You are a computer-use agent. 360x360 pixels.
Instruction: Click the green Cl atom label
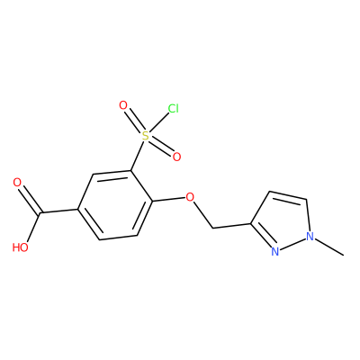click(174, 109)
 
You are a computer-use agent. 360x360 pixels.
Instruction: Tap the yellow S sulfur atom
click(145, 136)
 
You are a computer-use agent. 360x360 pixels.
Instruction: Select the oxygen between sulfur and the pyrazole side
click(176, 157)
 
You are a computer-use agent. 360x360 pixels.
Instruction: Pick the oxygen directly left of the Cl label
click(123, 105)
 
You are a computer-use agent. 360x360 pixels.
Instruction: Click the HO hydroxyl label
click(21, 247)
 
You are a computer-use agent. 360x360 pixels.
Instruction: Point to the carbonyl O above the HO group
click(17, 183)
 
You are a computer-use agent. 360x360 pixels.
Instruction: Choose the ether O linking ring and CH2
click(190, 197)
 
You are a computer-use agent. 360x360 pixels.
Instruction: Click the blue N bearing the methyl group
click(310, 237)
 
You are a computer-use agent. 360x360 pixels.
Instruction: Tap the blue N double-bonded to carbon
click(274, 251)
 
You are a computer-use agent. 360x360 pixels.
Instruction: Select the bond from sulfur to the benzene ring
click(137, 156)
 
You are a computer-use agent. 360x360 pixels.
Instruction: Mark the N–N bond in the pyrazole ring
click(292, 244)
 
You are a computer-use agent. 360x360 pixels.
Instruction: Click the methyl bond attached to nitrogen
click(329, 247)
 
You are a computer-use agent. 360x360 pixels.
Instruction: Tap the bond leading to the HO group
click(33, 228)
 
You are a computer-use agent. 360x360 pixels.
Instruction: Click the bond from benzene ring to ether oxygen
click(168, 199)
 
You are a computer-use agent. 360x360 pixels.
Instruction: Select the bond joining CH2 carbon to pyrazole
click(231, 226)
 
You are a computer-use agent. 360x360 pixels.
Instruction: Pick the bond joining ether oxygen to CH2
click(202, 215)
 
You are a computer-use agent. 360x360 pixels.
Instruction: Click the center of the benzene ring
click(115, 205)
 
